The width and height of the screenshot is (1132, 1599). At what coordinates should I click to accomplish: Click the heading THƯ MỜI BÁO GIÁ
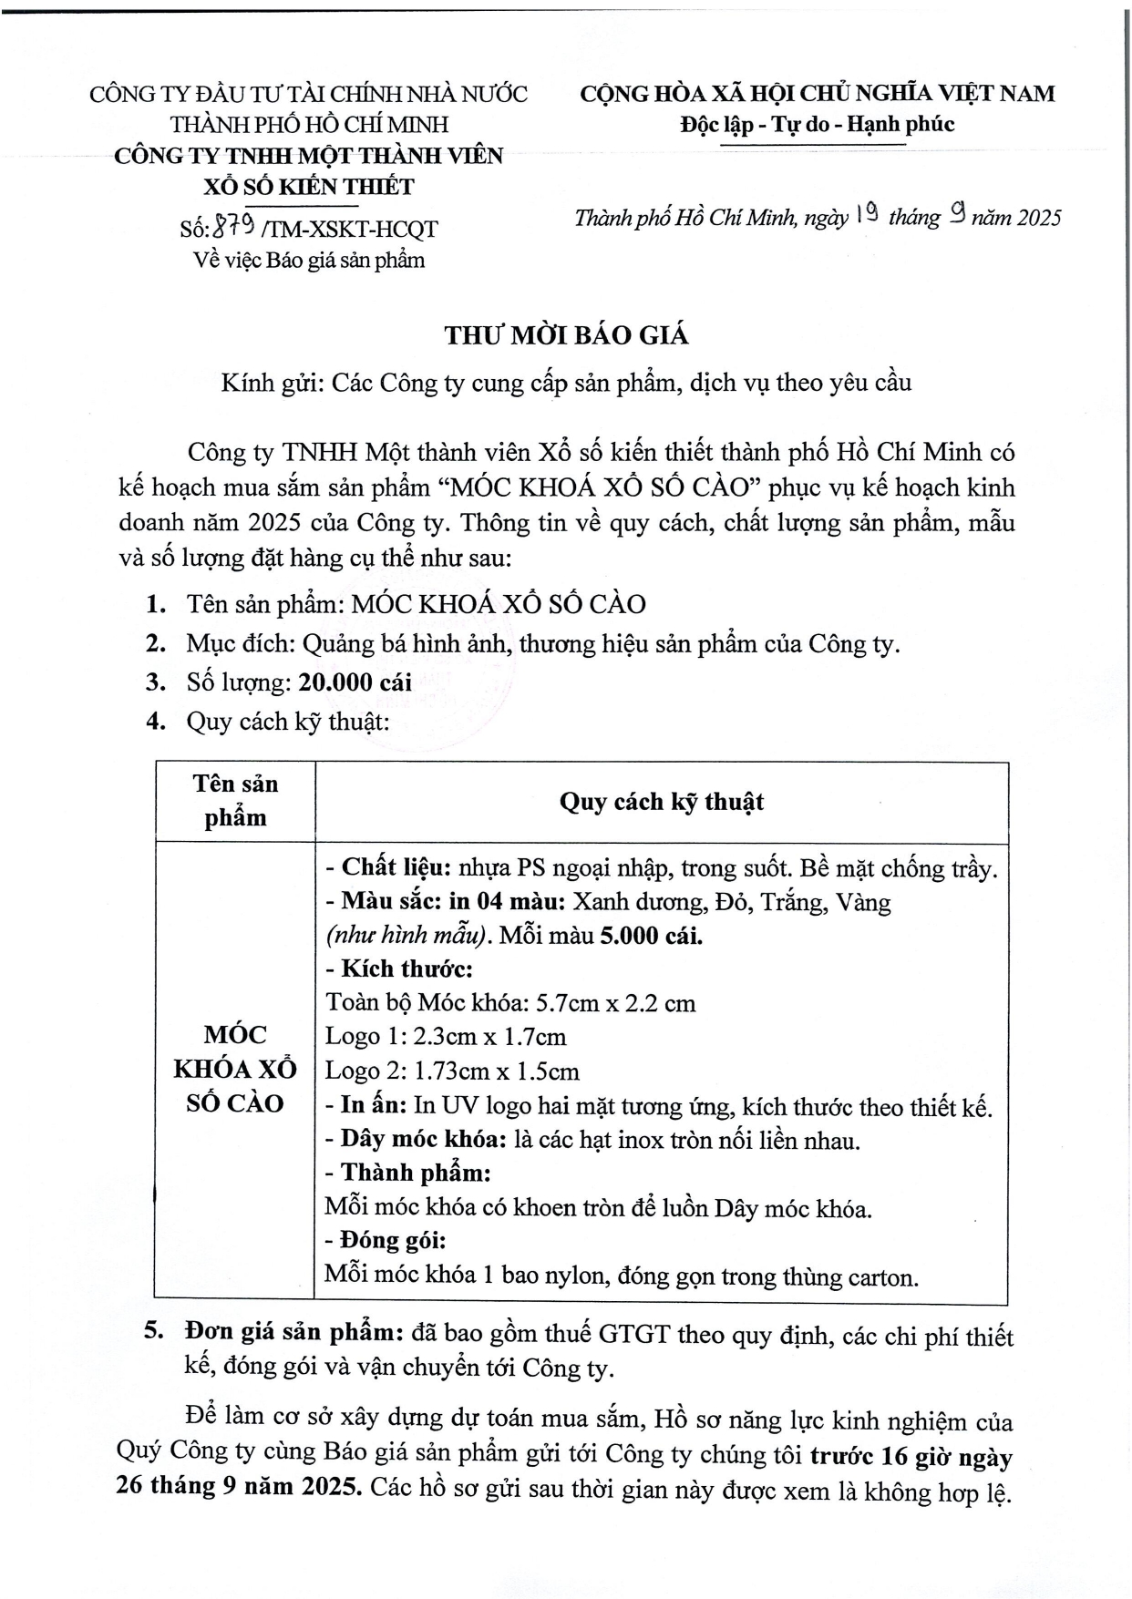point(566,335)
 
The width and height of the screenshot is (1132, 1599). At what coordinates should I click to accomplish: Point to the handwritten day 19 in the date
point(868,217)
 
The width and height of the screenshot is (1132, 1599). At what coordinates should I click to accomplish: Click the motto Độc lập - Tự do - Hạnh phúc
point(817,124)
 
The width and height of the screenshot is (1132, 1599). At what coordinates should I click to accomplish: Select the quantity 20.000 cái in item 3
point(355,682)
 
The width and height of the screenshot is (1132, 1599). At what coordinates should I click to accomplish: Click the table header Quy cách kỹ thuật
point(661,802)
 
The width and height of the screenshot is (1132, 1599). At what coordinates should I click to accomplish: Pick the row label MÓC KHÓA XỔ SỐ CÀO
point(235,1069)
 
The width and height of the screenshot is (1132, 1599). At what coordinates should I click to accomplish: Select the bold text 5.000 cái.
point(651,936)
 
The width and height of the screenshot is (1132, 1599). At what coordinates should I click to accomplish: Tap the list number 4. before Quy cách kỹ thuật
point(155,722)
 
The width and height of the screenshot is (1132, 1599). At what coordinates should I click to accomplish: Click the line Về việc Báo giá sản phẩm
point(309,260)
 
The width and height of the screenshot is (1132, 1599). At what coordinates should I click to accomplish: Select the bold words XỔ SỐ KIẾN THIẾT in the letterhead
point(308,187)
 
